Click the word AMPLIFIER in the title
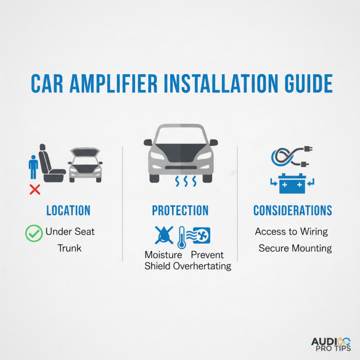pos(114,84)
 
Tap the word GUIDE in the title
pos(309,84)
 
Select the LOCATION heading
pos(68,210)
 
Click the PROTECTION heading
pos(180,210)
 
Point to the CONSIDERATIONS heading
pos(293,210)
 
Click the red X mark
pos(35,189)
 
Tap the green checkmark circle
pos(34,233)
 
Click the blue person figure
pos(33,167)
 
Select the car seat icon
pos(51,163)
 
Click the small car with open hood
pos(85,165)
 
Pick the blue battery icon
pos(292,184)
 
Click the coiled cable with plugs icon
pos(292,156)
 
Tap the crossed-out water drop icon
pos(164,235)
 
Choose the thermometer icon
pos(182,238)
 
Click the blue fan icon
pos(201,235)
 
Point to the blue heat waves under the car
pos(186,181)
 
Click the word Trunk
pos(69,248)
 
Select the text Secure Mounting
pos(295,248)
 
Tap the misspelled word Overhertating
pos(202,266)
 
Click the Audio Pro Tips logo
pos(331,344)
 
